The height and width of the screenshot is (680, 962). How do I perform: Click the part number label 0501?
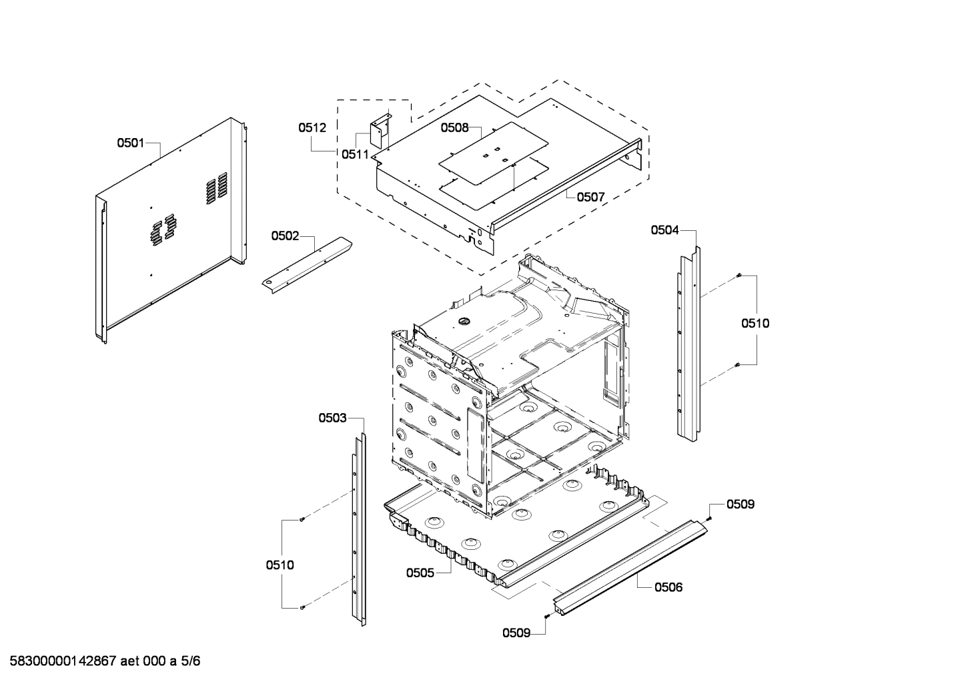click(x=131, y=142)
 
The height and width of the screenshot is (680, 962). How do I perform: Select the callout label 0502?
click(x=285, y=236)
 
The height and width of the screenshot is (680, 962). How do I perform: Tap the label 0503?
click(x=332, y=418)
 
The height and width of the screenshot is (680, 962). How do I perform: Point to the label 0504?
click(x=664, y=230)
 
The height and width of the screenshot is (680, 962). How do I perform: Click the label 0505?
click(x=420, y=573)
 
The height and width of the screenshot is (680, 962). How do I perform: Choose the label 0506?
click(x=668, y=587)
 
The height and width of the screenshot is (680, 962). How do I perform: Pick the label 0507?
click(x=590, y=197)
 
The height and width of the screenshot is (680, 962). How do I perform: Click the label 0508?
click(x=454, y=127)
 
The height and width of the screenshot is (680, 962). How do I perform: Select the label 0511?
click(x=355, y=154)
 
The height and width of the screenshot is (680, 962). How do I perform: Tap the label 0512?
click(x=312, y=127)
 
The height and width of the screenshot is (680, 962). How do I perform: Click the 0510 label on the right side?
click(x=755, y=324)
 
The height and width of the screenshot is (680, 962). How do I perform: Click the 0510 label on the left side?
click(x=280, y=565)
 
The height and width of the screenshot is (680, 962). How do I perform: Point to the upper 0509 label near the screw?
click(x=741, y=504)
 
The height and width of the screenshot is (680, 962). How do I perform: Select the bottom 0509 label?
click(x=516, y=633)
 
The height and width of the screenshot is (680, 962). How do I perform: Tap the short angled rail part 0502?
click(x=308, y=262)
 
